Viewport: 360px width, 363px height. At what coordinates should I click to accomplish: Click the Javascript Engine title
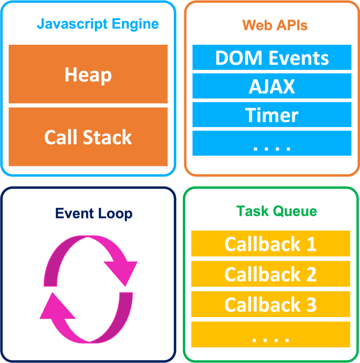tap(98, 24)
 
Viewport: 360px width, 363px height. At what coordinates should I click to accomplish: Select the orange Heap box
tap(88, 74)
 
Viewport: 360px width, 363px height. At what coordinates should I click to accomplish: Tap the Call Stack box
tap(88, 137)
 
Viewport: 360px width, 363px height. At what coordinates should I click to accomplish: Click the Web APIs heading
tap(274, 25)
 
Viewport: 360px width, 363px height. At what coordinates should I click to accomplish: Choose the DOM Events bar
tap(272, 58)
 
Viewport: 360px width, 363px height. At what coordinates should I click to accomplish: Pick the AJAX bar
tap(272, 86)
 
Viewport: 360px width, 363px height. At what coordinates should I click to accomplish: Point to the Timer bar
tap(272, 115)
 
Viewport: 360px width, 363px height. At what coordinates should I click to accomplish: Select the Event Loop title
tap(94, 213)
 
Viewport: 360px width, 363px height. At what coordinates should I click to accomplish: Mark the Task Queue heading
tap(276, 211)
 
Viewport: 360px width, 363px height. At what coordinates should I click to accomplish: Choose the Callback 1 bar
tap(270, 244)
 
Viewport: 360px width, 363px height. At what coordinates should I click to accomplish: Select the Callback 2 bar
tap(270, 274)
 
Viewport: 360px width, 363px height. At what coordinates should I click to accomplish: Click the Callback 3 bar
tap(270, 304)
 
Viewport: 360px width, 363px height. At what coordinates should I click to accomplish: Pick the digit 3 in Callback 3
tap(311, 305)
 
